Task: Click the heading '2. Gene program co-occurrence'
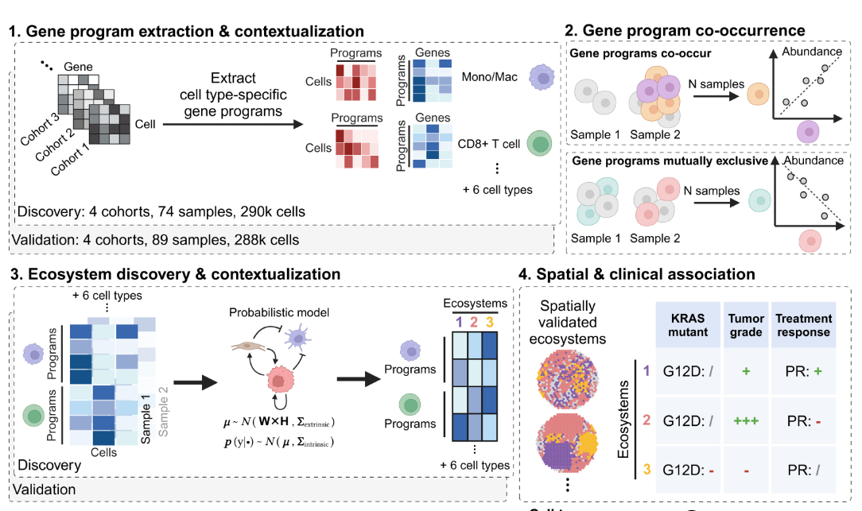[685, 30]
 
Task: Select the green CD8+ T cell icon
[541, 144]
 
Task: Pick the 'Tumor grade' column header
[747, 325]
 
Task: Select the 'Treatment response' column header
[803, 325]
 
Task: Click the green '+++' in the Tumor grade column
[746, 420]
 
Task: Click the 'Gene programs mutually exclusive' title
[668, 161]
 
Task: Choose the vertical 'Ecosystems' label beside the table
[626, 419]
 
